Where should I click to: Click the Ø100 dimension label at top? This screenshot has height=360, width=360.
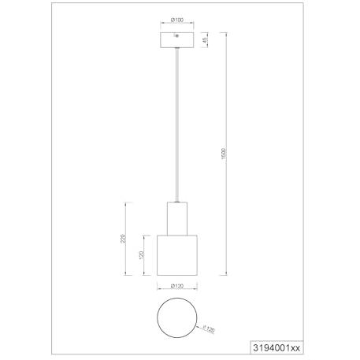pyautogui.click(x=177, y=20)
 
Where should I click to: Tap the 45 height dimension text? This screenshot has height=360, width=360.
pyautogui.click(x=205, y=40)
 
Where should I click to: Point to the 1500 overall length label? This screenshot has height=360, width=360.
pyautogui.click(x=224, y=154)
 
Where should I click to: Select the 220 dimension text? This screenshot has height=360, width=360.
pyautogui.click(x=124, y=238)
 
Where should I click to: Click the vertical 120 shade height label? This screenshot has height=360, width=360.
pyautogui.click(x=141, y=255)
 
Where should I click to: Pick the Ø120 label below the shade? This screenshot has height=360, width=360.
pyautogui.click(x=177, y=286)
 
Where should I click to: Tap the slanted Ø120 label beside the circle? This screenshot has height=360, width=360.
pyautogui.click(x=209, y=329)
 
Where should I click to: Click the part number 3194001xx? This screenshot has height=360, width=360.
pyautogui.click(x=276, y=348)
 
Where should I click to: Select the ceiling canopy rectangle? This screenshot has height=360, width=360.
pyautogui.click(x=177, y=40)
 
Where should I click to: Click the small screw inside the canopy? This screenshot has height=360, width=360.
pyautogui.click(x=176, y=35)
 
